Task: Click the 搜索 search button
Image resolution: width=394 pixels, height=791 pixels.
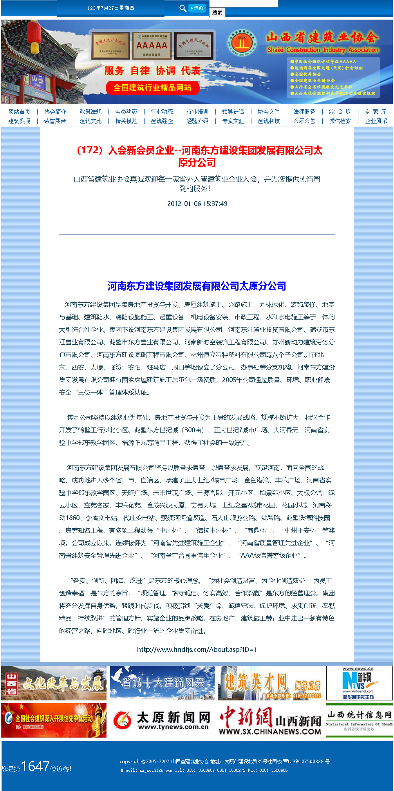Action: pos(217,13)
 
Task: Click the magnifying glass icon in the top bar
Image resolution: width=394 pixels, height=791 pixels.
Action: pos(183,8)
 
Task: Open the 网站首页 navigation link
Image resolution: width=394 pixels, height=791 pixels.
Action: pos(19,112)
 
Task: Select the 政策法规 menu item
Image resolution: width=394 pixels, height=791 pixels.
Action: pos(90,112)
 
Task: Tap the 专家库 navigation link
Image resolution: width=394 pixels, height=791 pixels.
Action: pos(376,112)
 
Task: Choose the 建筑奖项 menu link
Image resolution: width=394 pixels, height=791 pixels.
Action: pos(19,121)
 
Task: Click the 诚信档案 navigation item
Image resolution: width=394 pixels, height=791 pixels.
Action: pos(340,121)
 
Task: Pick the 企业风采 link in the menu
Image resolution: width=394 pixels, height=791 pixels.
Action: pos(376,121)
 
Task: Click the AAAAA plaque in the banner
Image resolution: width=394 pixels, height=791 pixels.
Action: pos(152,46)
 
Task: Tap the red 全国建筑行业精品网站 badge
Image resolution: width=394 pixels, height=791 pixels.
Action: pos(152,87)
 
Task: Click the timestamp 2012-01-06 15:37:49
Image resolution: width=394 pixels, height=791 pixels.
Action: pos(197,204)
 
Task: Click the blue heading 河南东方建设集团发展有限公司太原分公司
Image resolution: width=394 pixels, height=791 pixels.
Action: pos(197,286)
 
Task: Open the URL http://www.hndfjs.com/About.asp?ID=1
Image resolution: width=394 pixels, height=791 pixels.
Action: pos(197,649)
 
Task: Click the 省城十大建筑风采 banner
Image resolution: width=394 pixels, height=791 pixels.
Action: pos(162,683)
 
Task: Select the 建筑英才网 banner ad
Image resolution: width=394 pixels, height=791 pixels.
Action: pos(271,683)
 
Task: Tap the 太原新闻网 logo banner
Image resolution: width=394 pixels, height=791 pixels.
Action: pos(162,720)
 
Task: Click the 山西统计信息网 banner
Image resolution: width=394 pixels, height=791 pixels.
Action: pos(359,720)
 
